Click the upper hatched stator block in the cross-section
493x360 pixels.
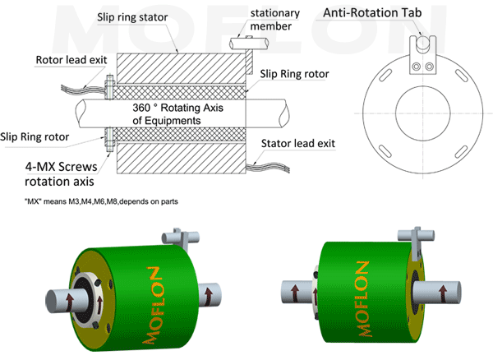coord(182,68)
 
